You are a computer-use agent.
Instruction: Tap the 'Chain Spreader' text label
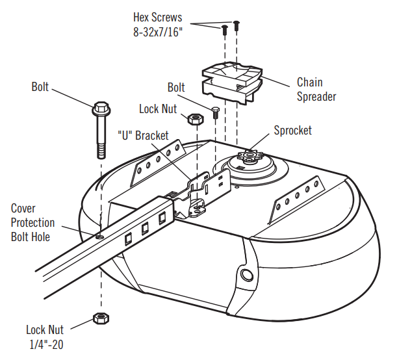316,90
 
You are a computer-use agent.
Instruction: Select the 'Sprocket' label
292,130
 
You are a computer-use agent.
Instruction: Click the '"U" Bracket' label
143,136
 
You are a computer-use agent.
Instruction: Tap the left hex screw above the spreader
224,29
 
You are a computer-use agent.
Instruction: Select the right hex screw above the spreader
235,25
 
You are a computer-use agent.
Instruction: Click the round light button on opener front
247,276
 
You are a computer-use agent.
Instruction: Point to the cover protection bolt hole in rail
98,237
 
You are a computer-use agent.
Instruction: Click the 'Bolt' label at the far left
40,86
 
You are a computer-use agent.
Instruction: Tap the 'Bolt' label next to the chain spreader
176,87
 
